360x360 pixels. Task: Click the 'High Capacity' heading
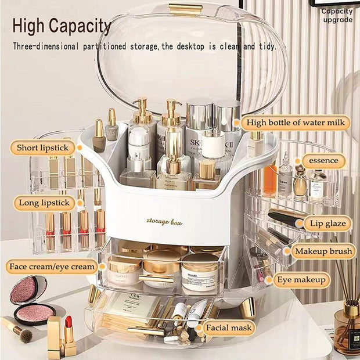coord(61,26)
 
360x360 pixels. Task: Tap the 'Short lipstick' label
coord(42,148)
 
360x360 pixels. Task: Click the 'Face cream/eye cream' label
coord(52,267)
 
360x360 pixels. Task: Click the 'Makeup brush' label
coord(323,251)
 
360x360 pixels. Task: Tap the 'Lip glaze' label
coord(327,224)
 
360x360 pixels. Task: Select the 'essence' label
coord(323,160)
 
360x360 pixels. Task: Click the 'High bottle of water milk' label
coord(296,123)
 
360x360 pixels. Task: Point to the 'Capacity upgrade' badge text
coord(337,15)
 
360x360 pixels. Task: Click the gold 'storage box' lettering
coord(160,220)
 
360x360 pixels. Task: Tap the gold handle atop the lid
coord(186,8)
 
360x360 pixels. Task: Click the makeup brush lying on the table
coord(17,329)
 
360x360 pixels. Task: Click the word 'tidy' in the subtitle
coord(265,46)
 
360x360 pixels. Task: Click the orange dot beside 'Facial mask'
coord(201,329)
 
